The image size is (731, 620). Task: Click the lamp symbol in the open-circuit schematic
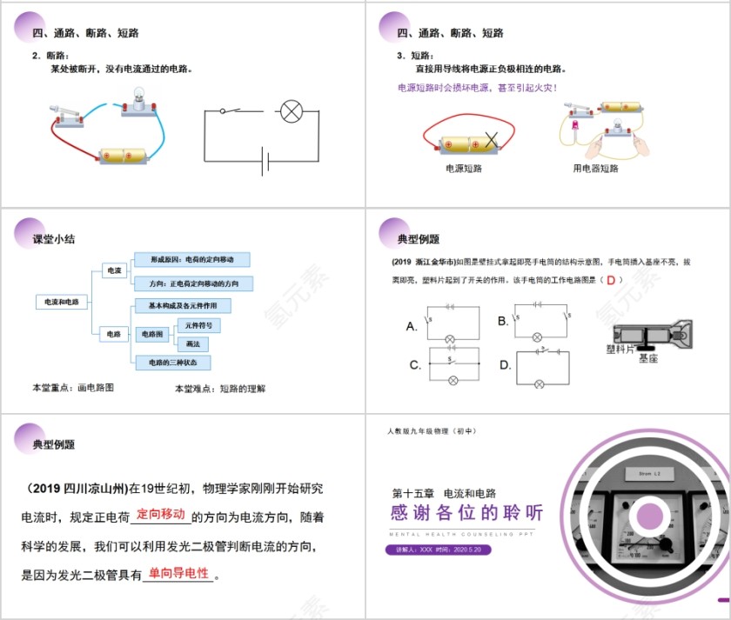click(290, 111)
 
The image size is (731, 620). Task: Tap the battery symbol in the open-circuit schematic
click(265, 161)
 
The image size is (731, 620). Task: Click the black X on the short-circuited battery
click(493, 139)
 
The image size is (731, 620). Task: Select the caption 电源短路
click(463, 169)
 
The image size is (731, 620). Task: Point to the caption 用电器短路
click(596, 169)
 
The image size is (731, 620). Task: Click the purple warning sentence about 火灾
click(477, 88)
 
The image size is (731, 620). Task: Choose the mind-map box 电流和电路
click(62, 302)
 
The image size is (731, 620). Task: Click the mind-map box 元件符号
click(198, 324)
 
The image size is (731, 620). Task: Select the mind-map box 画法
click(193, 343)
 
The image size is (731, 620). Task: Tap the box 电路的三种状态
click(172, 363)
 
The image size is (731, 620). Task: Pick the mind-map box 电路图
click(151, 334)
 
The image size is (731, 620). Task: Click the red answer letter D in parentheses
click(611, 280)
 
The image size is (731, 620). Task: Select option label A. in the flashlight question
click(412, 327)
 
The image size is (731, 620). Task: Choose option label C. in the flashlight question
click(415, 365)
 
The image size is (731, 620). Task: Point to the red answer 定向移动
click(161, 514)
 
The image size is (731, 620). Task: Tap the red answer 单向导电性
click(178, 573)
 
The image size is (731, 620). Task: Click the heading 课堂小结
click(53, 239)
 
